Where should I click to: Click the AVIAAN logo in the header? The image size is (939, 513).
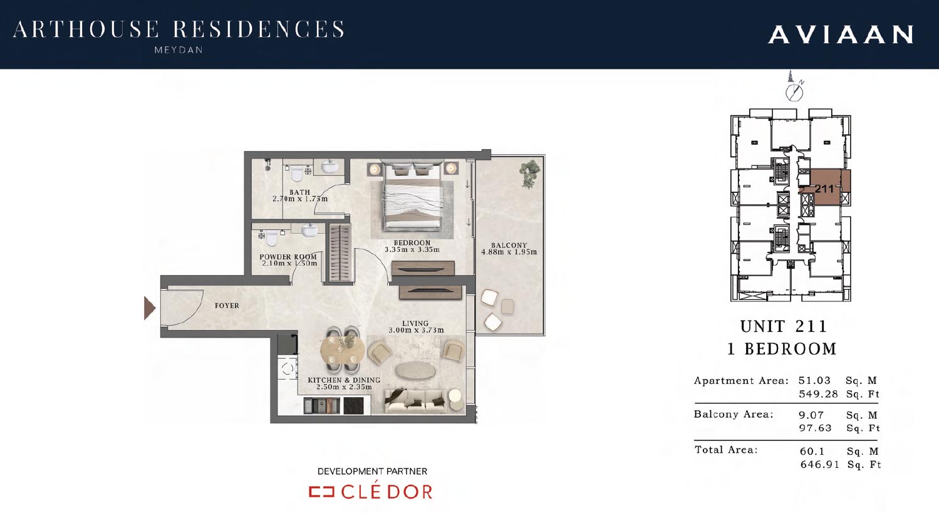tap(841, 34)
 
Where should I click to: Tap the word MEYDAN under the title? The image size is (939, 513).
tap(179, 50)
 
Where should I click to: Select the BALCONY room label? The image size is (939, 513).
tap(509, 245)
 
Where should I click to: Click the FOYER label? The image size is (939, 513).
tap(227, 306)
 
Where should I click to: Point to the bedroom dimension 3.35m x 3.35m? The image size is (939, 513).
tap(412, 250)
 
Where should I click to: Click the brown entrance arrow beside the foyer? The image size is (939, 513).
tap(150, 308)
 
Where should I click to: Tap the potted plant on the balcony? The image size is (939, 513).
tap(529, 172)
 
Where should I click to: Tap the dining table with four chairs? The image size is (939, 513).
tap(343, 349)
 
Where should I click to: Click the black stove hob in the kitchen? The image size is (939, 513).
tap(353, 406)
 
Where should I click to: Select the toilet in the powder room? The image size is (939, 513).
tap(271, 237)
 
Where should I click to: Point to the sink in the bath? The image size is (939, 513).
tap(329, 167)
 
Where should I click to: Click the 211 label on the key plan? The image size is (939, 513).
tap(824, 189)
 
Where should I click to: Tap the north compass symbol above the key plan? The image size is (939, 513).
tap(794, 91)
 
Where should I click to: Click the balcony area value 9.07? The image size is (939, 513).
tap(811, 415)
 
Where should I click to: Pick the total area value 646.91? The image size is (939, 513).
tap(820, 464)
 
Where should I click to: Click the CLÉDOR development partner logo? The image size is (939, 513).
tap(371, 491)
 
